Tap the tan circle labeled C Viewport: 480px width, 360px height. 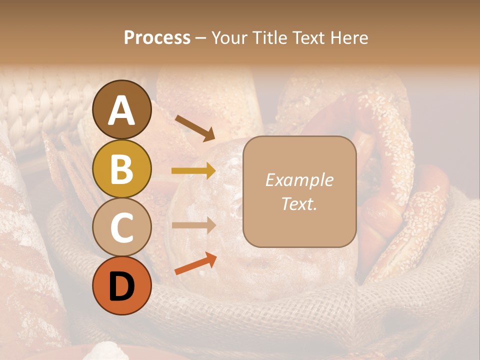pos(121,227)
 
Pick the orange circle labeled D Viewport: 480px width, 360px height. pos(121,285)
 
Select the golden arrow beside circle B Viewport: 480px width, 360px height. pos(193,171)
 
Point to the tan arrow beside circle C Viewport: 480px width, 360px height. pos(193,225)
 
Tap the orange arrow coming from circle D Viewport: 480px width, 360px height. pos(195,263)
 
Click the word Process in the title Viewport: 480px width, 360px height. pos(157,38)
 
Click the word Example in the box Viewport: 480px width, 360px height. pos(299,180)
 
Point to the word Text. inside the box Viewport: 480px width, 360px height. pos(299,203)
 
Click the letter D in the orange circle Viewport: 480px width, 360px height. pos(121,286)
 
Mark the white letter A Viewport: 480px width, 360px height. pos(121,110)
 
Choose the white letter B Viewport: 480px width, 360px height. pos(121,169)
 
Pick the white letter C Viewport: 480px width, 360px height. pos(121,227)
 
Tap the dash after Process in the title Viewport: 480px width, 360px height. pos(200,38)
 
